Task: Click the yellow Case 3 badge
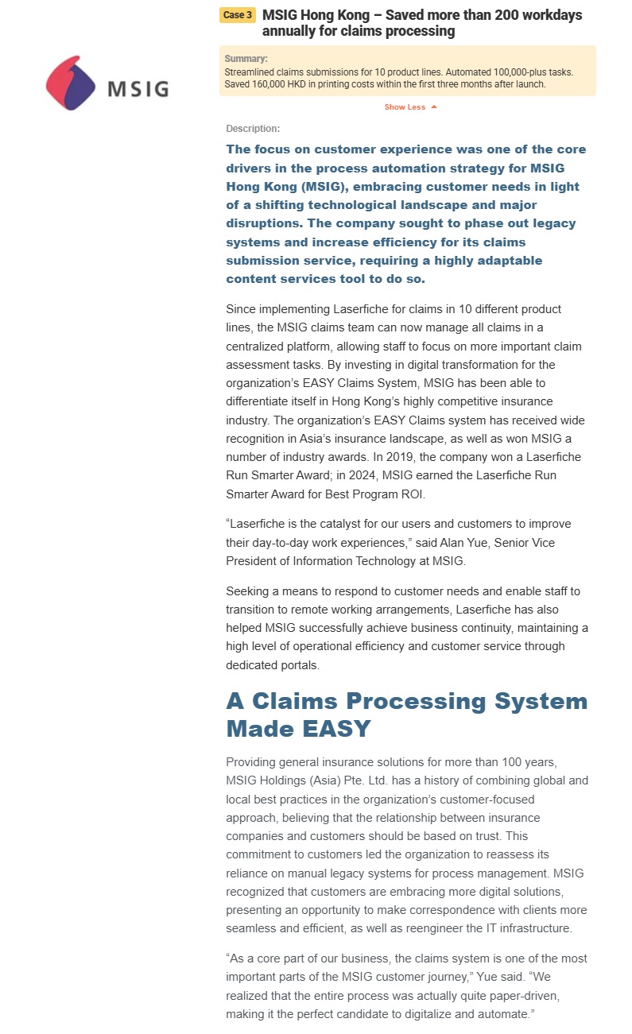[238, 15]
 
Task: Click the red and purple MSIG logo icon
[71, 83]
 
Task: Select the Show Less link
[405, 107]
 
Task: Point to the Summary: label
[246, 59]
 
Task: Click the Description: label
[253, 129]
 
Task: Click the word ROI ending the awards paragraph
[413, 494]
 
